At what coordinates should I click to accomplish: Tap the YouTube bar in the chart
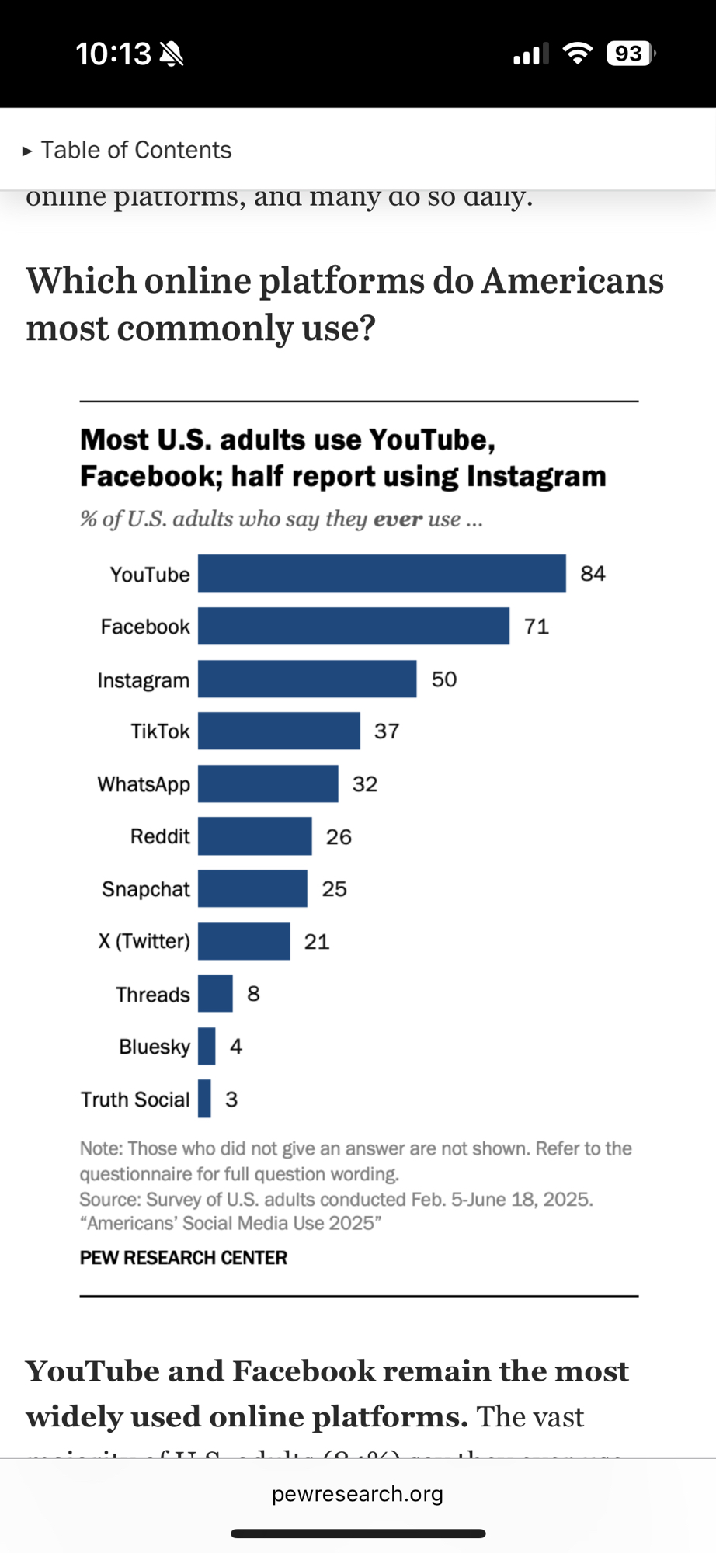tap(381, 574)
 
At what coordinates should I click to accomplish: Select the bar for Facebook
tap(353, 626)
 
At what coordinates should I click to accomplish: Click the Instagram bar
tap(307, 679)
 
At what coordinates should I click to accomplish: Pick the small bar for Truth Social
tap(204, 1099)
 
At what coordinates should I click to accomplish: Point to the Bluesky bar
tap(207, 1046)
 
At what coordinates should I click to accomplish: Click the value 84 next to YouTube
tap(593, 574)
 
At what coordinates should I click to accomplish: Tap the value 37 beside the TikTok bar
tap(387, 731)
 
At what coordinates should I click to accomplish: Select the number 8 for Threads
tap(253, 994)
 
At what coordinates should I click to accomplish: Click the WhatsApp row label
tap(144, 784)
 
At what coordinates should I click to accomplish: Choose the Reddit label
tap(160, 836)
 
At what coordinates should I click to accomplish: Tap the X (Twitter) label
tap(144, 941)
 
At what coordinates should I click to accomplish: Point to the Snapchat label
tap(146, 889)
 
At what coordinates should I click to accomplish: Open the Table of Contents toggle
tap(127, 150)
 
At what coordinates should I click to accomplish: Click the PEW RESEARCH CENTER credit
tap(183, 1258)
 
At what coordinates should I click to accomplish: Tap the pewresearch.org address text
tap(357, 1494)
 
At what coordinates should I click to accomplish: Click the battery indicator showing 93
tap(630, 54)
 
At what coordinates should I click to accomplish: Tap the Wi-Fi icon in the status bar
tap(577, 54)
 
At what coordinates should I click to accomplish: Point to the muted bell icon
tap(171, 54)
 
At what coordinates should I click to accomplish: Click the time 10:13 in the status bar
tap(113, 54)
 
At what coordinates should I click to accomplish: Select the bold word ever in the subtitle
tap(398, 519)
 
